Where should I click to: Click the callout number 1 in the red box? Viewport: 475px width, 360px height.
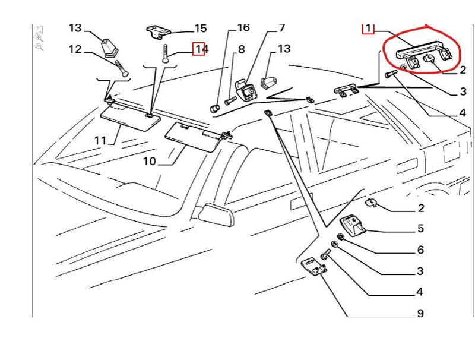(x=368, y=28)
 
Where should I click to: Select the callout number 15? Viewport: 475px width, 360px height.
(x=200, y=29)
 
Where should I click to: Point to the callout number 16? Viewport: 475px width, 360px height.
(x=243, y=28)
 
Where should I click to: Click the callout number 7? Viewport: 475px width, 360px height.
(x=281, y=28)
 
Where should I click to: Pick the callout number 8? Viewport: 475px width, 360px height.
(x=242, y=50)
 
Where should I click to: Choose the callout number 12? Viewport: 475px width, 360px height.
(x=75, y=49)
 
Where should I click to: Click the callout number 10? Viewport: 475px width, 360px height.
(x=149, y=161)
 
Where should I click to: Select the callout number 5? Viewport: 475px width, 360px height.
(x=420, y=229)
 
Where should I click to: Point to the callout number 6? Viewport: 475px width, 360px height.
(x=420, y=250)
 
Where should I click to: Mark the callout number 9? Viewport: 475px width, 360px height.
(x=420, y=314)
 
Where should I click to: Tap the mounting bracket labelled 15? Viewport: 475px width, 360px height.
(x=159, y=31)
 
